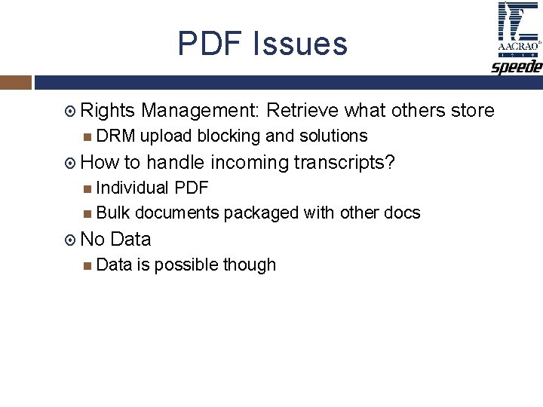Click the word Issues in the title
tap(301, 44)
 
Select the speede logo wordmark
tap(517, 68)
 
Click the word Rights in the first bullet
tap(107, 112)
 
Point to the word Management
tap(201, 112)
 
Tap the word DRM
tap(115, 136)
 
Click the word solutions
tap(333, 136)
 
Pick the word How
tap(100, 163)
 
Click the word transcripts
tap(344, 163)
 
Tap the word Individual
tap(133, 188)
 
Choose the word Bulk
tap(113, 213)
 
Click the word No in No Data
tap(92, 240)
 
